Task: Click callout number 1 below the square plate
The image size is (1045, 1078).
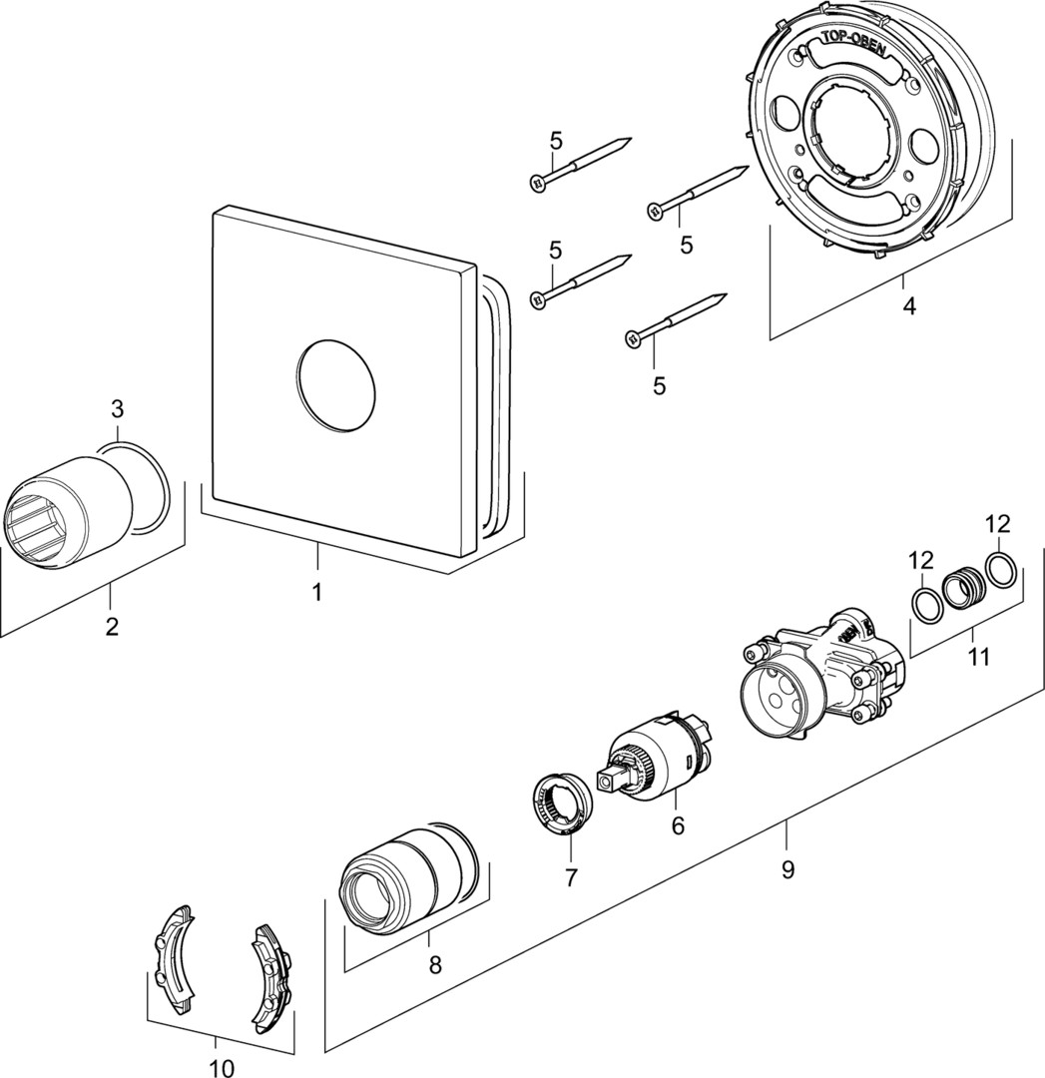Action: click(316, 591)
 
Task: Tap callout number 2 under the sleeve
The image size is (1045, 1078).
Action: click(117, 408)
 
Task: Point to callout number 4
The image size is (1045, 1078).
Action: click(678, 824)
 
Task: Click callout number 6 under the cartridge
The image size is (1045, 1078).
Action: click(570, 877)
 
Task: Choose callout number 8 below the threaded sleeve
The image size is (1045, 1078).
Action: click(787, 868)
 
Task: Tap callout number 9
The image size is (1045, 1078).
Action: click(222, 1068)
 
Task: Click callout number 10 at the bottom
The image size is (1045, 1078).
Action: click(979, 656)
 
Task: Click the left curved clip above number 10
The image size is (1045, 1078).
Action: click(267, 975)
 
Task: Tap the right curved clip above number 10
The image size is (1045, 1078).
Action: click(267, 975)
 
